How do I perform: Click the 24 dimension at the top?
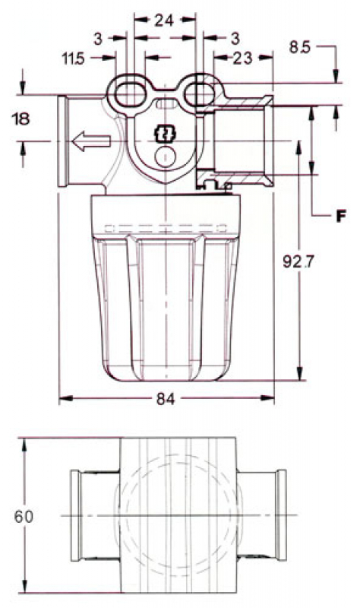click(164, 22)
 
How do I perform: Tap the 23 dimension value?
click(242, 58)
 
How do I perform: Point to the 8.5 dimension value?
click(300, 47)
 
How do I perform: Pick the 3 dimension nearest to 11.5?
click(99, 38)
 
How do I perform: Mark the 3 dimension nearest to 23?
click(234, 38)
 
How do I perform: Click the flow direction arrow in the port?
click(90, 141)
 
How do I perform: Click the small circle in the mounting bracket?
click(165, 156)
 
